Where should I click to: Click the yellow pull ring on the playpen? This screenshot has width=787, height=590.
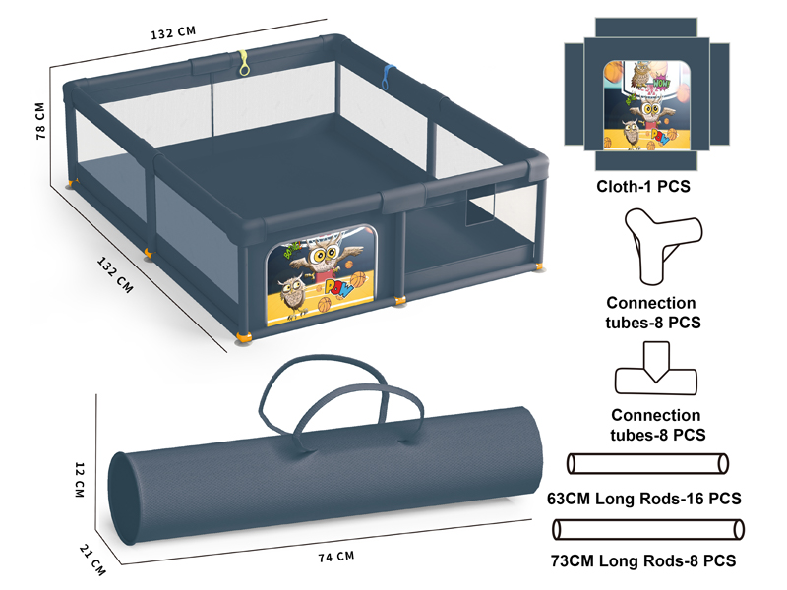[x=243, y=63]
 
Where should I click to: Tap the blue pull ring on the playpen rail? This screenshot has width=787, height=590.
[x=386, y=78]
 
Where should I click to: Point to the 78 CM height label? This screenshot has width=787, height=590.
[x=40, y=121]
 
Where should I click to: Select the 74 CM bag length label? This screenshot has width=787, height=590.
[x=336, y=557]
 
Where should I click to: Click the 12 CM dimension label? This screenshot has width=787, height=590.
[x=80, y=480]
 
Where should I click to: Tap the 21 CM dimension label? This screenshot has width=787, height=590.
[x=92, y=560]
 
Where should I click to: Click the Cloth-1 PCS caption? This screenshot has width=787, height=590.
[x=643, y=186]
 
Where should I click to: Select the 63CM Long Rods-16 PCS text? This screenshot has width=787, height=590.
[x=644, y=499]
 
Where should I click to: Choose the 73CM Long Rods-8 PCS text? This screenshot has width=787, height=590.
[x=643, y=560]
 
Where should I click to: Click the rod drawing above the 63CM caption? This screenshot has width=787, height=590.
[x=647, y=463]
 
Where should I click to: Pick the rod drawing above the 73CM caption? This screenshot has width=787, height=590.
[x=648, y=530]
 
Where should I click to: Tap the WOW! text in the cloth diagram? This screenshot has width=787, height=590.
[x=661, y=83]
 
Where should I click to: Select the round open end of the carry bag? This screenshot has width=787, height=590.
[x=122, y=499]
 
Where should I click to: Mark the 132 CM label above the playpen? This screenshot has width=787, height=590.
[x=173, y=32]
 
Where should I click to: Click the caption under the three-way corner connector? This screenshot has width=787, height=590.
[x=652, y=312]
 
